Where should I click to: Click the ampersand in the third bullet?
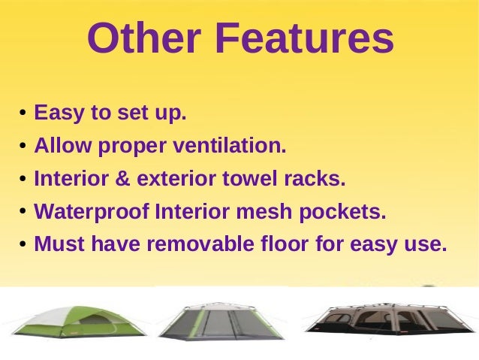click(x=127, y=180)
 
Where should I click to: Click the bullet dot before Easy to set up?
click(x=24, y=116)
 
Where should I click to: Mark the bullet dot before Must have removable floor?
click(x=24, y=246)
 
